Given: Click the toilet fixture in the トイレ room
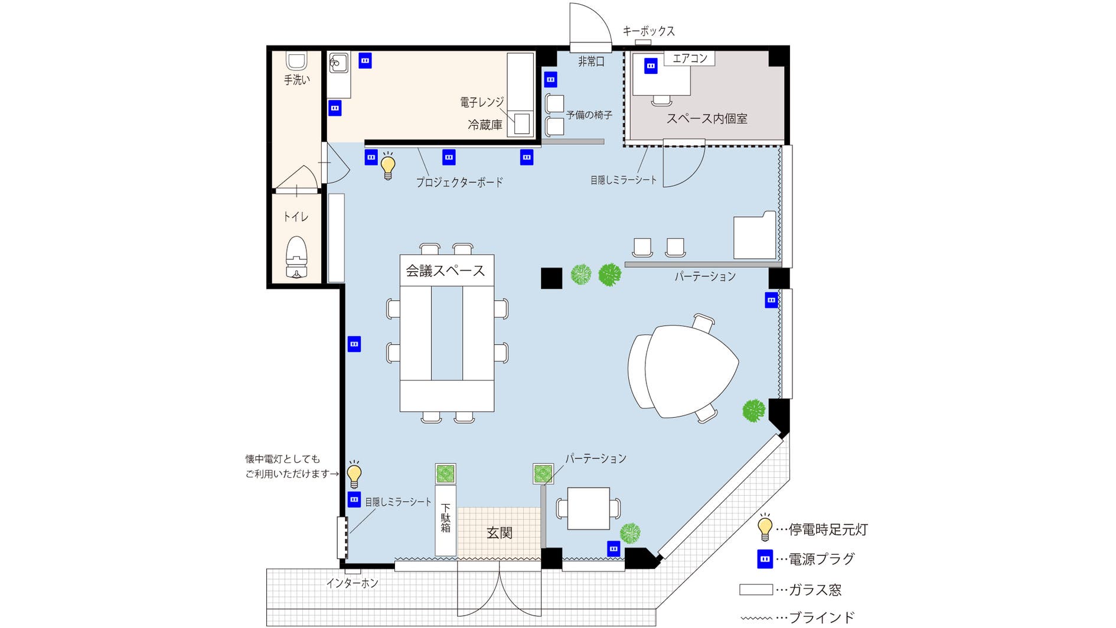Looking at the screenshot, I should [296, 258].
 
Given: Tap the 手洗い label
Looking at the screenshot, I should [296, 80].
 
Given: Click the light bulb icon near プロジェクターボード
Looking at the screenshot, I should [388, 166].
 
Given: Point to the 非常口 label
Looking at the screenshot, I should [591, 61].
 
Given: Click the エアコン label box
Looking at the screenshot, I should [690, 58].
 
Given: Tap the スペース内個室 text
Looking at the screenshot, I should [707, 119].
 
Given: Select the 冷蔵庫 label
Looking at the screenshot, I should [485, 125].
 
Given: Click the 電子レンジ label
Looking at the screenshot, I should [482, 103].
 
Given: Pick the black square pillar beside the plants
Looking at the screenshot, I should [552, 278].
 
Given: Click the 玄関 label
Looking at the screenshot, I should [499, 533].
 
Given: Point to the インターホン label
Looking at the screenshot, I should [353, 584].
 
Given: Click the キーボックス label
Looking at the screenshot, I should [648, 31].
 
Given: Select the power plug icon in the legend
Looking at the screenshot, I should [765, 559].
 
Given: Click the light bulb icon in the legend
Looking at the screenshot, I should [765, 527].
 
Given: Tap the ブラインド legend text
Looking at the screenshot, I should [821, 618].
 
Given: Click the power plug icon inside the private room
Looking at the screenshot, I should [651, 66].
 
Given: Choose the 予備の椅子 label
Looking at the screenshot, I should [589, 115].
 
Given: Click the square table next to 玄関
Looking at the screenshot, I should [588, 509].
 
